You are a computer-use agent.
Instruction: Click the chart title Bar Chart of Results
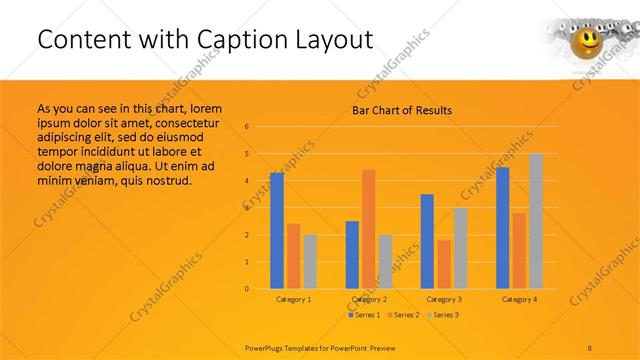[401, 110]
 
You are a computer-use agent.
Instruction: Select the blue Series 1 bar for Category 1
[277, 231]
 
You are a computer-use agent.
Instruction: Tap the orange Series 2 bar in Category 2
[368, 229]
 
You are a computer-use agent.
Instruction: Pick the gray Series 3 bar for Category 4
[536, 221]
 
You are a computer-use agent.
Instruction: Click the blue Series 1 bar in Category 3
[427, 241]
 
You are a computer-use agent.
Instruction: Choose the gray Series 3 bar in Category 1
[310, 262]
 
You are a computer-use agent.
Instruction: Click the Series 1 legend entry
[364, 315]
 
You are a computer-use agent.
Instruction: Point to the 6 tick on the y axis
[261, 127]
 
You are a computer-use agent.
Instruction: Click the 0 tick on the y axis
[261, 289]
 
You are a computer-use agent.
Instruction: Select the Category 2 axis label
[369, 299]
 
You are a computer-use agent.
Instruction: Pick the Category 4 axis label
[519, 299]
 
